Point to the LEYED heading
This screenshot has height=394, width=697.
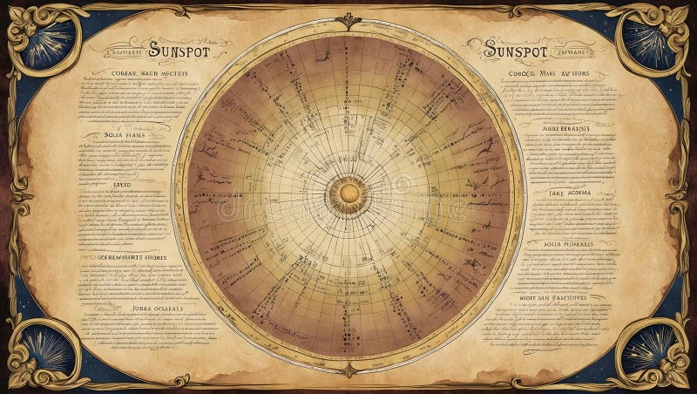pos(123,184)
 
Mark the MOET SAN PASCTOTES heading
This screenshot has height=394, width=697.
pos(566,298)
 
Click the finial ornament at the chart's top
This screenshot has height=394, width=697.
pos(348,21)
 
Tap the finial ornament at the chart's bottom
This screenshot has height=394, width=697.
pos(348,370)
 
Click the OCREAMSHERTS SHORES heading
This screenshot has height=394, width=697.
pos(128,257)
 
